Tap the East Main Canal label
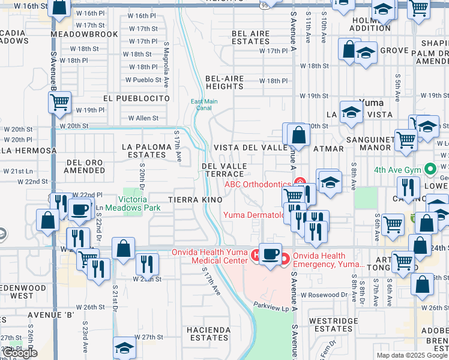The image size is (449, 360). [x=204, y=105]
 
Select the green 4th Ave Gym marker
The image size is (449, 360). [x=429, y=170]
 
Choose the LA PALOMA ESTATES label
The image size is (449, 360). [x=143, y=150]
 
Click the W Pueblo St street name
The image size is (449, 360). [x=143, y=80]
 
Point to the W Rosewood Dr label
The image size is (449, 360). [x=324, y=295]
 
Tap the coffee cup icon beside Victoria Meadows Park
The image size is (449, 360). [x=79, y=209]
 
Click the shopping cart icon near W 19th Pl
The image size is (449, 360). [x=60, y=103]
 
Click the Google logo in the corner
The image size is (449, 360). [x=20, y=353]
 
